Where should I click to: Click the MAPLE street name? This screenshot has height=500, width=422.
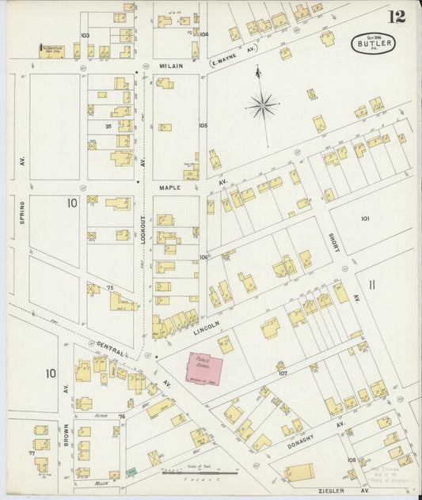(170, 187)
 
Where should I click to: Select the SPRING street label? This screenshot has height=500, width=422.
(21, 212)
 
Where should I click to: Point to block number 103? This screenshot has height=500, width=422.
(85, 36)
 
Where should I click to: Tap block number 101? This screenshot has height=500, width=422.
(365, 218)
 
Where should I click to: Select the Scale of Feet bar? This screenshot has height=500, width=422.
(193, 473)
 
